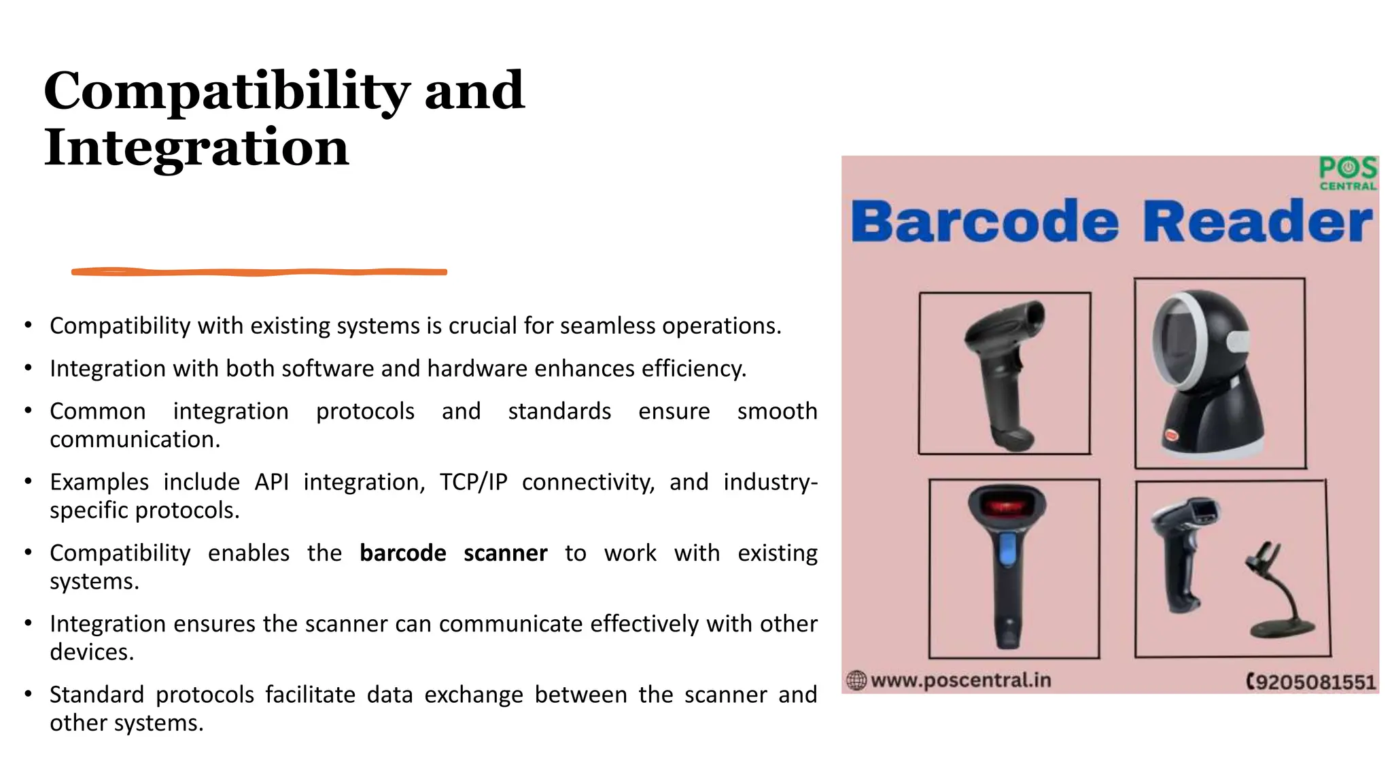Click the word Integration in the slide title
pyautogui.click(x=196, y=147)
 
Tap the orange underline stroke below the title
pyautogui.click(x=259, y=272)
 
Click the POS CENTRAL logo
pyautogui.click(x=1347, y=173)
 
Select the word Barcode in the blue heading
pyautogui.click(x=984, y=222)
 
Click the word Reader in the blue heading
pyautogui.click(x=1257, y=222)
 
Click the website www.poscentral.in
pyautogui.click(x=960, y=680)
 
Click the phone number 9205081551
pyautogui.click(x=1315, y=682)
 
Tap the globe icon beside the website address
pyautogui.click(x=856, y=680)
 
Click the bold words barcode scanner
pyautogui.click(x=453, y=553)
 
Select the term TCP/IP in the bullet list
pyautogui.click(x=473, y=482)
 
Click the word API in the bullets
pyautogui.click(x=271, y=482)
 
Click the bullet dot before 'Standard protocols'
pyautogui.click(x=28, y=694)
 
